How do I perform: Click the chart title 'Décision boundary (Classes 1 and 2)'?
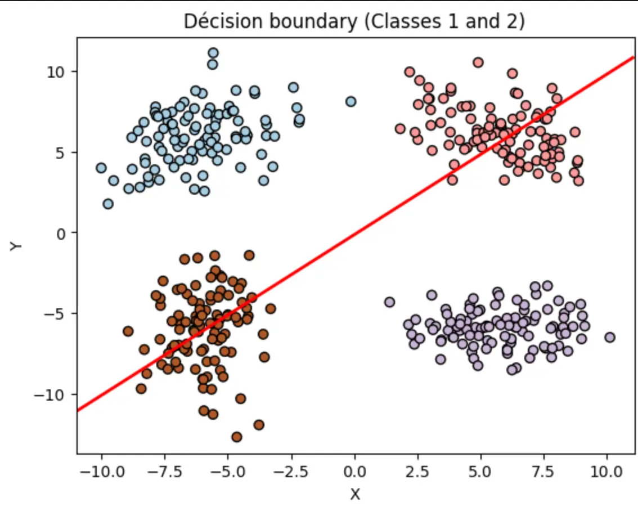[x=354, y=21]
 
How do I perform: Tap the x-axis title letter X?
[x=355, y=495]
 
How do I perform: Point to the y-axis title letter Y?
[x=16, y=246]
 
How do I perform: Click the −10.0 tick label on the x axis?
[x=102, y=471]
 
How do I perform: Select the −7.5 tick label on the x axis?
[x=165, y=471]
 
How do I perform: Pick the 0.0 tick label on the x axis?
[x=354, y=471]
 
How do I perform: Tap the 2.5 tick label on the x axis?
[x=417, y=471]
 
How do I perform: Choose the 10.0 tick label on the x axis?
[x=606, y=471]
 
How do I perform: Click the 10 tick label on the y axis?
[x=56, y=72]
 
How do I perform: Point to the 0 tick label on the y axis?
[x=61, y=233]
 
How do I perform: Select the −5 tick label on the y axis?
[x=55, y=314]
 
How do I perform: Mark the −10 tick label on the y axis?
[x=50, y=395]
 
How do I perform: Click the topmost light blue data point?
[x=213, y=53]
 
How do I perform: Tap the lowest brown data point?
[x=237, y=437]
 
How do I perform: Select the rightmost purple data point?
[x=609, y=337]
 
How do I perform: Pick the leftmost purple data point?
[x=389, y=302]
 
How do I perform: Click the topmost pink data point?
[x=478, y=62]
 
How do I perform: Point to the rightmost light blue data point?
[x=351, y=101]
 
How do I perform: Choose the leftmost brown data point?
[x=128, y=331]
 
